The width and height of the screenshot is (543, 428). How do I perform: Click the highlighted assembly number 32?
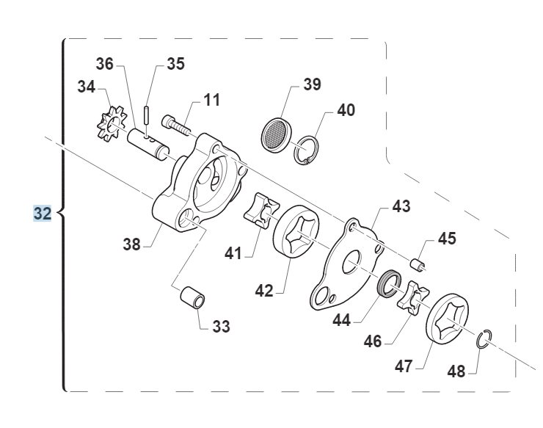43,213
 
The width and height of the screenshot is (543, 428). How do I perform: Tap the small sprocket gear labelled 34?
112,124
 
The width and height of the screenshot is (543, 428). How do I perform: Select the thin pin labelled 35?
147,115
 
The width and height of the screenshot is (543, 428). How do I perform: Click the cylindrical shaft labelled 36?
148,144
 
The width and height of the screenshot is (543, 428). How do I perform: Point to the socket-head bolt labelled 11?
176,125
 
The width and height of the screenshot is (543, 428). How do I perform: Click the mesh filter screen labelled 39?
276,136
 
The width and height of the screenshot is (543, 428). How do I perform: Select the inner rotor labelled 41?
261,211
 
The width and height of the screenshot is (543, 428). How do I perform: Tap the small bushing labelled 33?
192,297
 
